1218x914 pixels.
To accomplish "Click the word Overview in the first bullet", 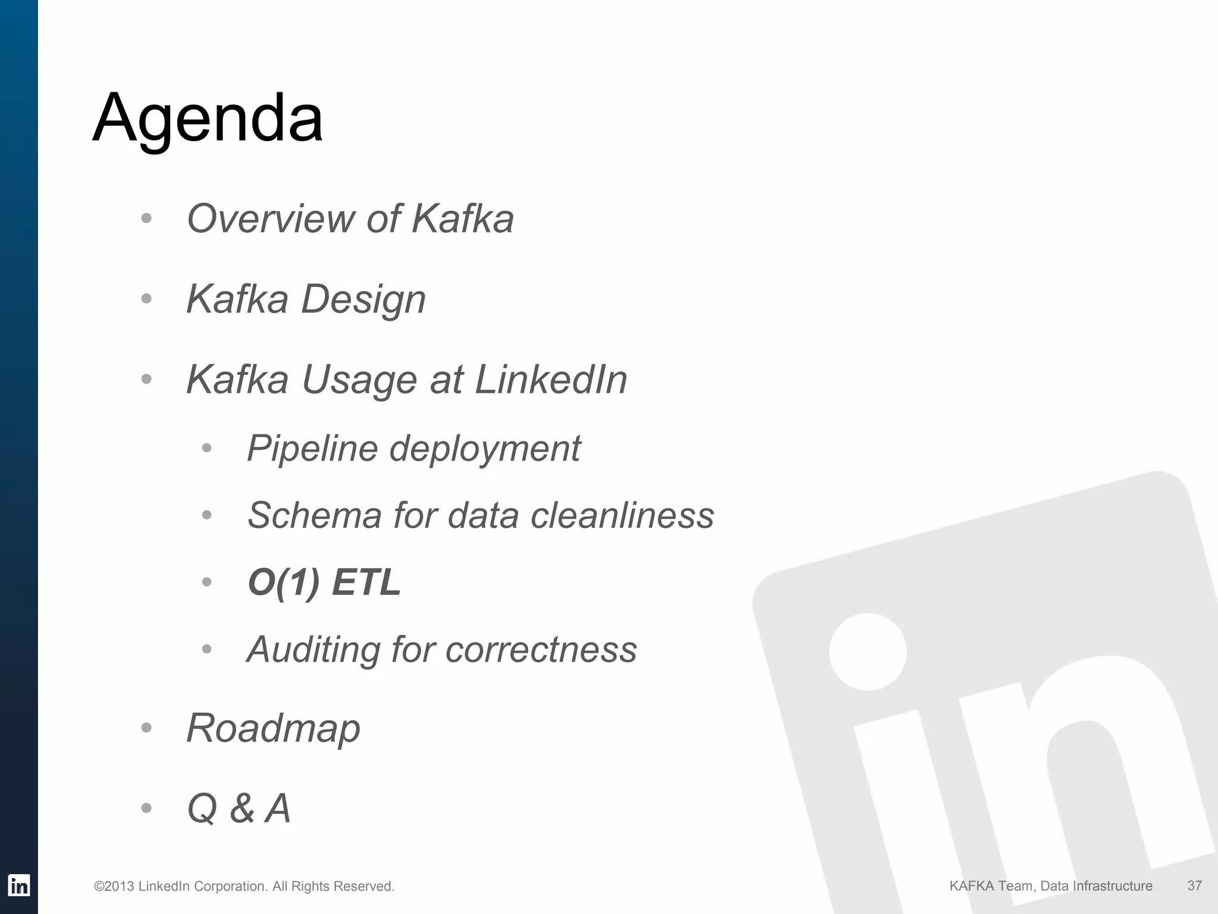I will click(271, 218).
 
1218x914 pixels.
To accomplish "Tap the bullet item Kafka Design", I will click(306, 299).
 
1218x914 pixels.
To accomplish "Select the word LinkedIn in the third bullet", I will click(551, 380).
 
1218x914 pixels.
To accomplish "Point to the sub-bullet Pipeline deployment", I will click(413, 448).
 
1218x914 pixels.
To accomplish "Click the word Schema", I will click(314, 515).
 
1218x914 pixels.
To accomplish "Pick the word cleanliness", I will click(622, 515).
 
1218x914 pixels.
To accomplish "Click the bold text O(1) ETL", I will click(324, 582).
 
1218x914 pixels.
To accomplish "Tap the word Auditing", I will click(313, 649).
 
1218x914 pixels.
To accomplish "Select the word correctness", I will click(541, 649).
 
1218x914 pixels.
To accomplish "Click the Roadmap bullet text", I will click(273, 728).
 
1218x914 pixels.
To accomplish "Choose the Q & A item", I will click(238, 809).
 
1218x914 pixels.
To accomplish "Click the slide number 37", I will click(1194, 885).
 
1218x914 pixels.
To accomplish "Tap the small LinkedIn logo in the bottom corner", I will click(19, 885).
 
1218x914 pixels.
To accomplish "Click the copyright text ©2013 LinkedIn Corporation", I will click(244, 887).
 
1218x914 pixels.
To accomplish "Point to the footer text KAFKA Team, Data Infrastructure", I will click(1050, 886).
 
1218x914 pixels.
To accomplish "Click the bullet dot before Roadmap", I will click(147, 727).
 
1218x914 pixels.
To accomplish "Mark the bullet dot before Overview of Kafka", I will click(147, 218).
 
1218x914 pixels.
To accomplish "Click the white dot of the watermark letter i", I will click(868, 652).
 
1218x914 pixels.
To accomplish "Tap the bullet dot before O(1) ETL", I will click(207, 581).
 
